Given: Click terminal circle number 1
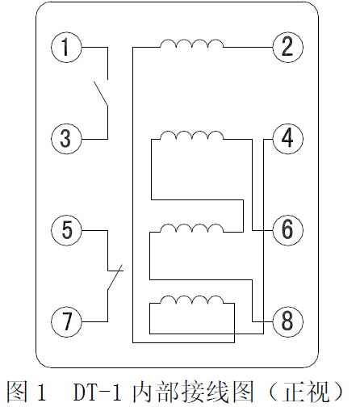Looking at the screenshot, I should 66,48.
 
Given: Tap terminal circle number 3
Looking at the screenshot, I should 66,138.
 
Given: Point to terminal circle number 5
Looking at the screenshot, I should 66,230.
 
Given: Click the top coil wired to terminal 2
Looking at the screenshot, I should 191,44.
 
